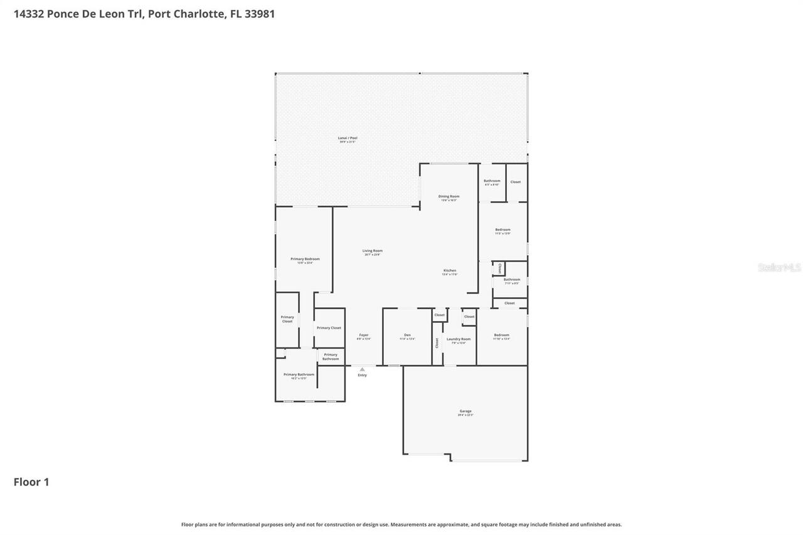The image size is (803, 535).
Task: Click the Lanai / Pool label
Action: (x=348, y=138)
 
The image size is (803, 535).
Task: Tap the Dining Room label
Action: (x=449, y=197)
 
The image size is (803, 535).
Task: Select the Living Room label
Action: (x=372, y=252)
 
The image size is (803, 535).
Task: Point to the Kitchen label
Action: (x=450, y=271)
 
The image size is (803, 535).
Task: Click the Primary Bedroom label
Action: (x=305, y=260)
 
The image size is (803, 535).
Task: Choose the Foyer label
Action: (x=364, y=336)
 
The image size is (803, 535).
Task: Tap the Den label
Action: (x=407, y=336)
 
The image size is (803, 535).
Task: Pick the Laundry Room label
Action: (x=458, y=339)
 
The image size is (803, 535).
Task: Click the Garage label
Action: (x=465, y=411)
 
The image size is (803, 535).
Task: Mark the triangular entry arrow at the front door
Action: (x=362, y=369)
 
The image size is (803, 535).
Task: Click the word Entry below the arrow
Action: (x=362, y=375)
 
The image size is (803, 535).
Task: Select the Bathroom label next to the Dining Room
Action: (x=492, y=181)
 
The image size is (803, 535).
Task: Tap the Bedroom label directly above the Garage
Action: (x=501, y=336)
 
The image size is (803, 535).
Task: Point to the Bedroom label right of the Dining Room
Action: (x=503, y=230)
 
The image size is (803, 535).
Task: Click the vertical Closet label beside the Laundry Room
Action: (x=437, y=342)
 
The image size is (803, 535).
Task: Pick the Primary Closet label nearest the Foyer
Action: (x=329, y=328)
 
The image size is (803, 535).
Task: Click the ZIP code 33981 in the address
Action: (x=260, y=14)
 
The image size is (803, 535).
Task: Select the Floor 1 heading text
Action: (x=31, y=482)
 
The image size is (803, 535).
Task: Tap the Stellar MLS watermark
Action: (x=779, y=267)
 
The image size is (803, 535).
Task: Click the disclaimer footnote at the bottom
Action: (x=401, y=524)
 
